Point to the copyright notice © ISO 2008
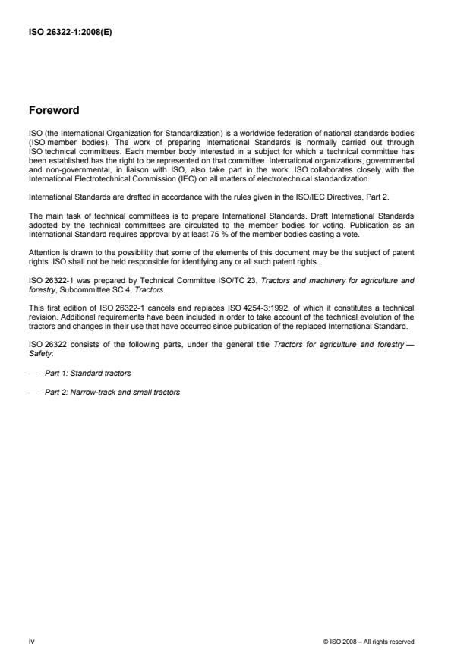(x=368, y=642)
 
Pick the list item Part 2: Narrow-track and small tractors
(x=112, y=393)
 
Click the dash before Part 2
(x=34, y=393)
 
